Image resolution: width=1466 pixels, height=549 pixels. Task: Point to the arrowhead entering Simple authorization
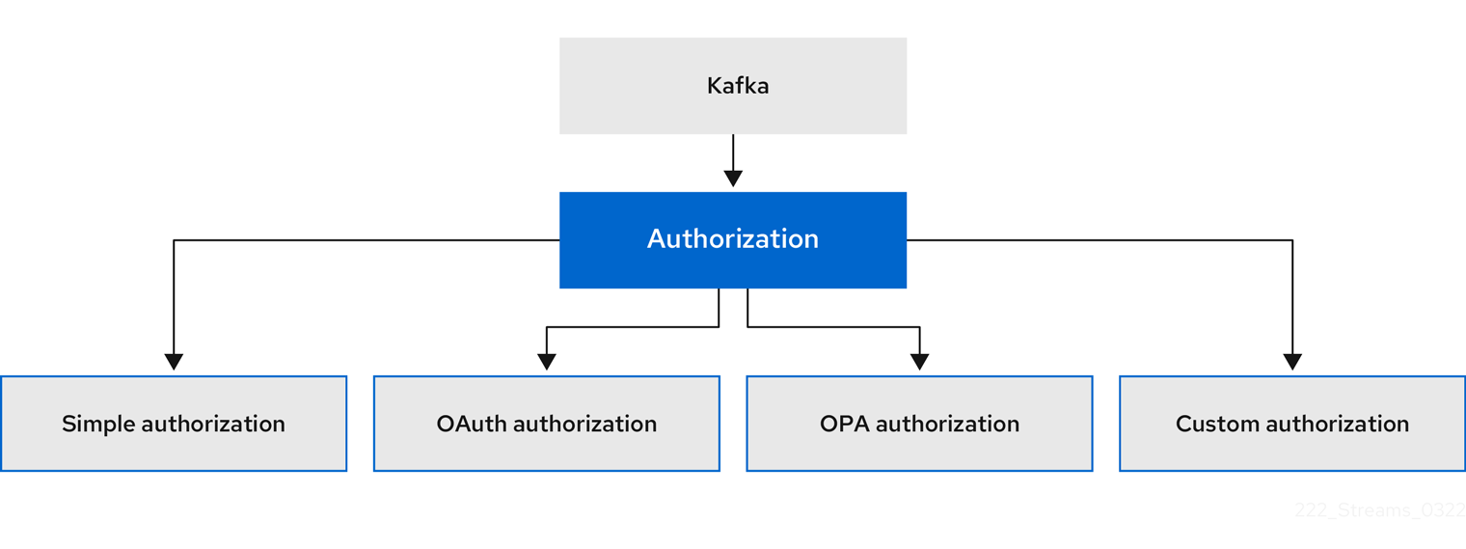(174, 362)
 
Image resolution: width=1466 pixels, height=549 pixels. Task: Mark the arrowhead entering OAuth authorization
(547, 362)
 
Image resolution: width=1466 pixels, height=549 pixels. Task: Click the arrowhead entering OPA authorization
(919, 362)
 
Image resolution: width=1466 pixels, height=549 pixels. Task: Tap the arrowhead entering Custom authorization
(1292, 362)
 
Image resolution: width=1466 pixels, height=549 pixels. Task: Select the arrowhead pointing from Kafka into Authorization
(733, 178)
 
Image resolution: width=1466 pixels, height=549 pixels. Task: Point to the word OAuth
(472, 424)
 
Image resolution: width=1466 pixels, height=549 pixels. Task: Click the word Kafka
(738, 86)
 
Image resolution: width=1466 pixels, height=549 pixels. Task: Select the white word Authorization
(733, 239)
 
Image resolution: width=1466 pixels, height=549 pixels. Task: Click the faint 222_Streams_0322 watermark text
(1379, 511)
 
